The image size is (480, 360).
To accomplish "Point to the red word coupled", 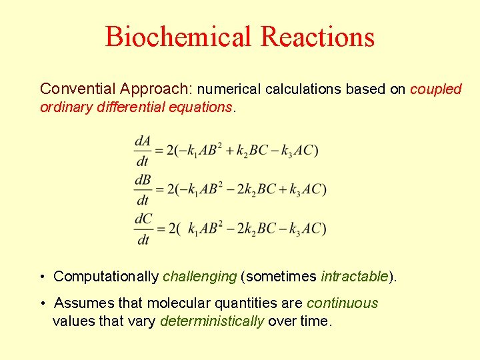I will point(436,89).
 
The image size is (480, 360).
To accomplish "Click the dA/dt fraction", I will point(143,151).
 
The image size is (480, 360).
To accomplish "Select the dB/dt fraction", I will point(143,189).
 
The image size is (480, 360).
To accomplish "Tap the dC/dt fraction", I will point(143,229).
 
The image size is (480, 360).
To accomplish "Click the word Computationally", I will point(106,277).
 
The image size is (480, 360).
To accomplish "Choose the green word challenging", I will point(200,277).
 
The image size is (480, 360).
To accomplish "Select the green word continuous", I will point(342,303).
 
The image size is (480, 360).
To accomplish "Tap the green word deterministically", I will point(212,321).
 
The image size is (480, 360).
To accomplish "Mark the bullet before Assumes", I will point(42,304).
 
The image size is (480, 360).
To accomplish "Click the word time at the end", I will point(315,321).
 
